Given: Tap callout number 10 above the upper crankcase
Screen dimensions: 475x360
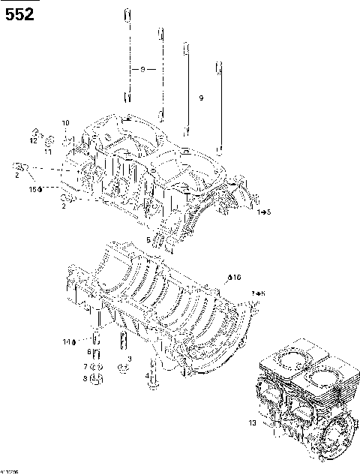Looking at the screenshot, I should coord(65,122).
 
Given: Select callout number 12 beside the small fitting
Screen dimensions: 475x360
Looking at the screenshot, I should coord(33,140).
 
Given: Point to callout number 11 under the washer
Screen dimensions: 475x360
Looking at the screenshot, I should coord(47,152).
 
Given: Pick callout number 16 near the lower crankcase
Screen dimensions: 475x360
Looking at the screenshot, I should coord(235,278).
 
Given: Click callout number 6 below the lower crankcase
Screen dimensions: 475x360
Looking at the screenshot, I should coord(88,352).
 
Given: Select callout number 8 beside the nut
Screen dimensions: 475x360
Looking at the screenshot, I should coord(85,379).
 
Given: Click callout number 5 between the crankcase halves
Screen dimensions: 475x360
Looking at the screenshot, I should coord(148,240).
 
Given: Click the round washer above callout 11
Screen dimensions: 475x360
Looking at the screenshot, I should coord(49,140).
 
